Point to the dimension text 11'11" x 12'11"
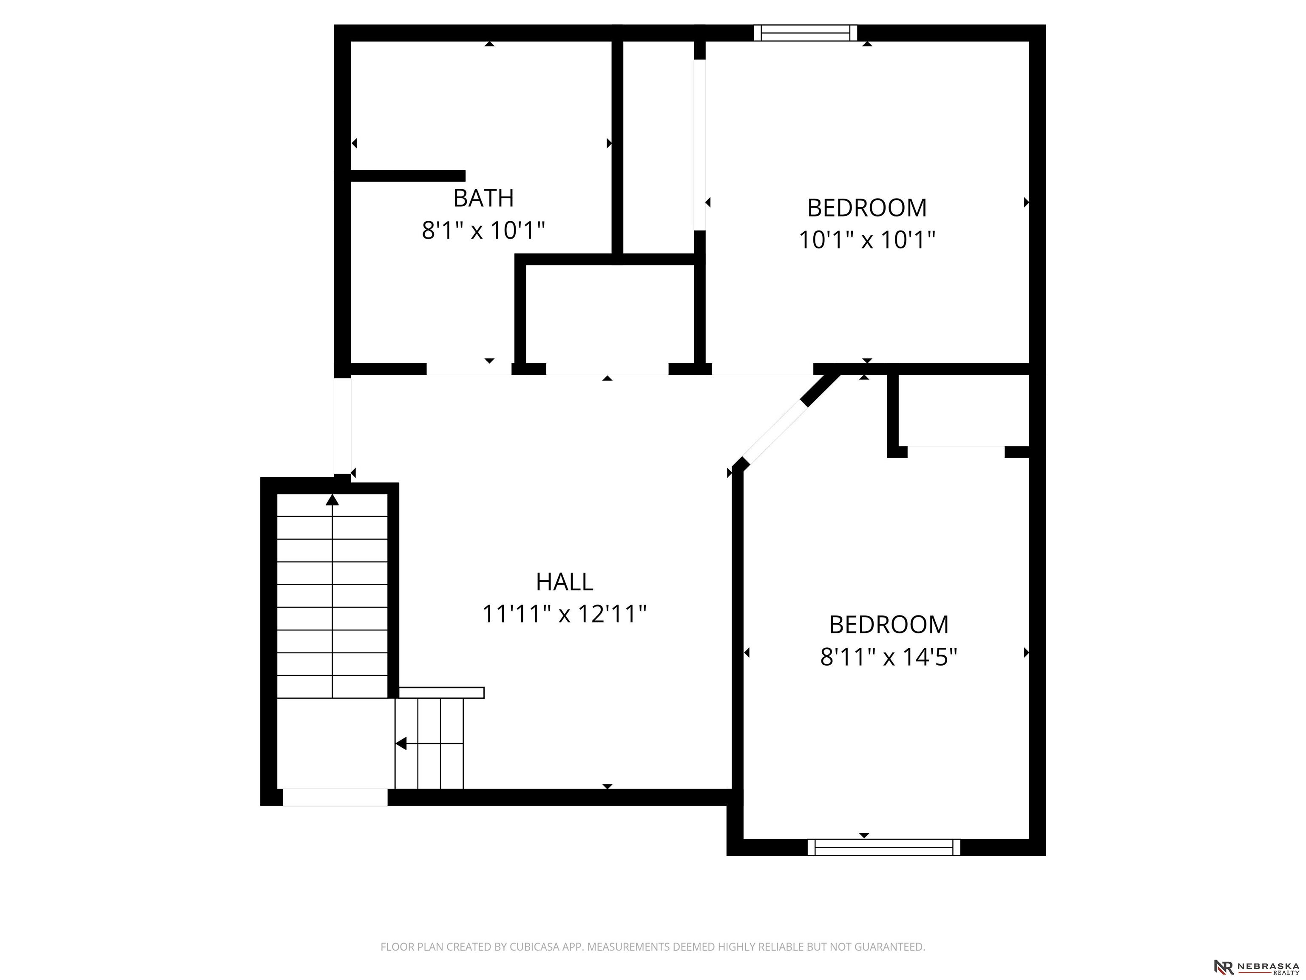click(565, 614)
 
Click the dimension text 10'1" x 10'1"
click(867, 240)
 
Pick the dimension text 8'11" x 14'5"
click(889, 656)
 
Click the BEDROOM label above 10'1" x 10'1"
click(867, 208)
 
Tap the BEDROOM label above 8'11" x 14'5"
click(889, 624)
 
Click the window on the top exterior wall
click(805, 33)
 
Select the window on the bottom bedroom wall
click(884, 847)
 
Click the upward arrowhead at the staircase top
click(332, 500)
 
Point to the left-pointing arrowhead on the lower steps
click(401, 744)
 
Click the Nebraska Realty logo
click(1256, 967)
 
